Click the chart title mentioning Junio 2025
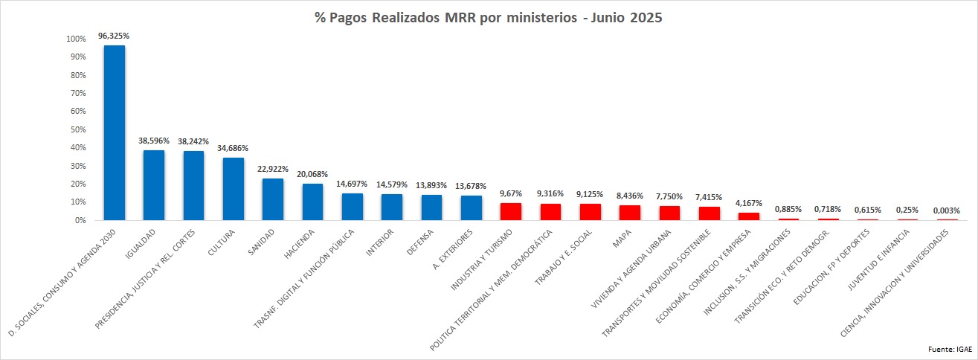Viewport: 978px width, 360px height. [488, 19]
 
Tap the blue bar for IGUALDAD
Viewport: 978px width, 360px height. [154, 185]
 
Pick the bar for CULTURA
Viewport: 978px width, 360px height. [234, 189]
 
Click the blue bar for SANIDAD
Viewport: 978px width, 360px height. [273, 199]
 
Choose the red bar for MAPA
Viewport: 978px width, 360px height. [630, 213]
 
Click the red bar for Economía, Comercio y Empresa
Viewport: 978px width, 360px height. [749, 216]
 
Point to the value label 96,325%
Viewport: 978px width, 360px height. [114, 35]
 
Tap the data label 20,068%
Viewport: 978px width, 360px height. [312, 173]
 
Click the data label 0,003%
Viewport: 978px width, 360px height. [948, 210]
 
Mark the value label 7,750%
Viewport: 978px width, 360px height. [669, 196]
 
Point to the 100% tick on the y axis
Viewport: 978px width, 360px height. [76, 39]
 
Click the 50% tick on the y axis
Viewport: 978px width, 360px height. [78, 129]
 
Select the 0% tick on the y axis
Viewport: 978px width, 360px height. [80, 221]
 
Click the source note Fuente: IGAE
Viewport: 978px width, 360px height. [950, 349]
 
